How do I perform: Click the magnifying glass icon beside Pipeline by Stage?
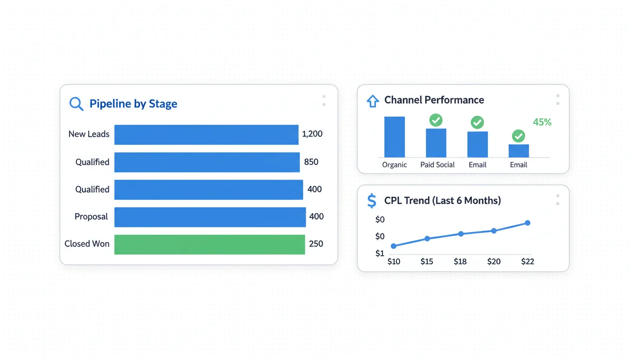(x=76, y=104)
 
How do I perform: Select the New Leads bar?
(x=206, y=135)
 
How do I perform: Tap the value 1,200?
(x=312, y=134)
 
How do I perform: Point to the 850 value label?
(x=311, y=162)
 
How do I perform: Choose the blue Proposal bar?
(x=210, y=217)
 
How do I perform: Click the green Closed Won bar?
(x=210, y=244)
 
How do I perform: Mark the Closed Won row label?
(x=87, y=244)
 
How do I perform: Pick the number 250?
(x=316, y=244)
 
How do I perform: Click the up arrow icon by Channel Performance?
(x=373, y=101)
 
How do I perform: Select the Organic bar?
(x=394, y=137)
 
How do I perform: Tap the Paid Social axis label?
(x=437, y=165)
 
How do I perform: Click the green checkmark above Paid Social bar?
(x=436, y=120)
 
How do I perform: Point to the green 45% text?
(x=542, y=122)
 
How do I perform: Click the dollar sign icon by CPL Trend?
(x=372, y=201)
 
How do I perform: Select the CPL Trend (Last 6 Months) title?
(x=442, y=201)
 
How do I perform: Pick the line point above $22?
(x=527, y=223)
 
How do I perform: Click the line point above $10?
(x=394, y=246)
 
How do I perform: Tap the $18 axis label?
(x=460, y=262)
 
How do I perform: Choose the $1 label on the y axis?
(x=380, y=254)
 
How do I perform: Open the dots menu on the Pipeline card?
(x=324, y=101)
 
